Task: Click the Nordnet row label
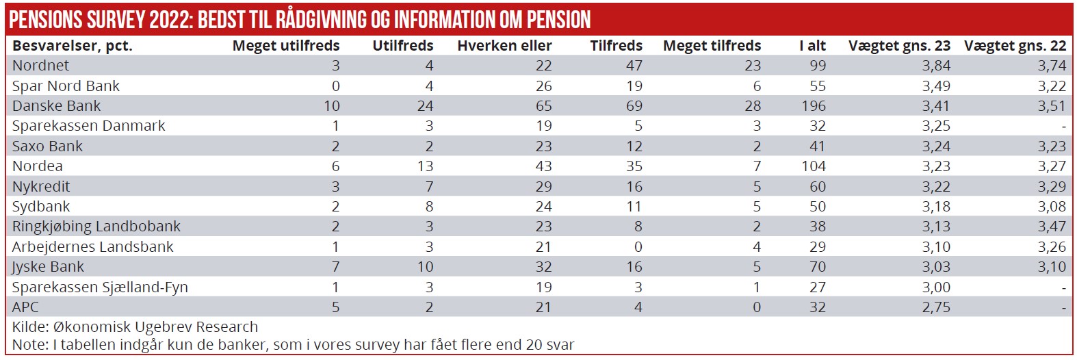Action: [x=40, y=66]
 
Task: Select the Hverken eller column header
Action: [x=504, y=46]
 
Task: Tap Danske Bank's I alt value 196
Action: [x=814, y=106]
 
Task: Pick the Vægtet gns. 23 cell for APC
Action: [x=935, y=307]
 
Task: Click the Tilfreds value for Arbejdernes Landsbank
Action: [x=638, y=247]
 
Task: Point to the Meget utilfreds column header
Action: [x=286, y=46]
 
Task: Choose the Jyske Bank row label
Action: [x=48, y=267]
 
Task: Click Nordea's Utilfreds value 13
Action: [x=425, y=166]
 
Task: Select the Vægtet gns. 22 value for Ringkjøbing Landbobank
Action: [x=1051, y=227]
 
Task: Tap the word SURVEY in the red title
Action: [x=116, y=20]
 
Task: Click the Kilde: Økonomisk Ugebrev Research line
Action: [x=135, y=327]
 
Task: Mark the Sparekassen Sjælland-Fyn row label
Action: [x=100, y=287]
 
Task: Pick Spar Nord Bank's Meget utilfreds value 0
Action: [x=335, y=86]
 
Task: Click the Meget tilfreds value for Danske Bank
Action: [x=752, y=106]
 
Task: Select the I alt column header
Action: [x=812, y=46]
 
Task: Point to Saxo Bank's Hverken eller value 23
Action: [x=543, y=146]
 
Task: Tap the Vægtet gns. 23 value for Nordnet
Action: [x=935, y=66]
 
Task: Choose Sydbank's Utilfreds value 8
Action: [x=429, y=207]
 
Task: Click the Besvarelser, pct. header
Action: [x=73, y=46]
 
